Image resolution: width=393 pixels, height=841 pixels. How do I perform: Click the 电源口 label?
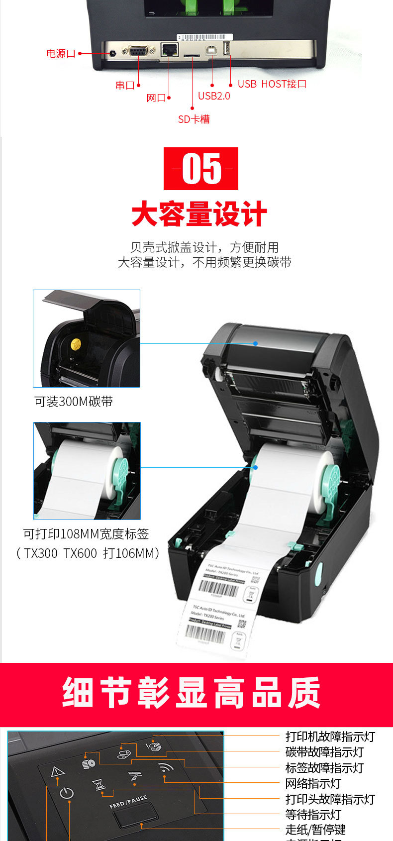(61, 53)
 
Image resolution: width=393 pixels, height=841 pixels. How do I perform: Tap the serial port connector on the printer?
(138, 50)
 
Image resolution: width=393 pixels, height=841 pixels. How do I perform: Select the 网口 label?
(156, 98)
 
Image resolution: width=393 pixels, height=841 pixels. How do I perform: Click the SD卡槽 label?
(194, 119)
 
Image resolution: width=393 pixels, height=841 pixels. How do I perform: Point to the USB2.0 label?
(214, 96)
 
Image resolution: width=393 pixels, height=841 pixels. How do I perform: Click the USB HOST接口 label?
(272, 84)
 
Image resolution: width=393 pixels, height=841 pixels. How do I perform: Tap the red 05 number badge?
(201, 169)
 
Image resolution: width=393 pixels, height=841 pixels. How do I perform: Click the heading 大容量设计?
(199, 214)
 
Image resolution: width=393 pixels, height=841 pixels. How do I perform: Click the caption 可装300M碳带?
(74, 402)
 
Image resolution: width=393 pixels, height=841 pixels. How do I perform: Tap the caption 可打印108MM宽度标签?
(86, 534)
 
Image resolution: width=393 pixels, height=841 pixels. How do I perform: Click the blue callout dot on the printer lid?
(255, 343)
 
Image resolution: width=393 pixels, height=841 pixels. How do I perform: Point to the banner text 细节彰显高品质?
(192, 693)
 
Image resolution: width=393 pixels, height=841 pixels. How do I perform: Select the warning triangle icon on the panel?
(58, 772)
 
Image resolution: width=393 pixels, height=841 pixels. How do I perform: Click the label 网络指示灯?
(313, 784)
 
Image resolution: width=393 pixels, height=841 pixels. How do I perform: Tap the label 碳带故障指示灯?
(324, 752)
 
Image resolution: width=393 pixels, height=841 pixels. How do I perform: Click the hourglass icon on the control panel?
(100, 785)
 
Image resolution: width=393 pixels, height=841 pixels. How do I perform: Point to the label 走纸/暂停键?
(315, 830)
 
